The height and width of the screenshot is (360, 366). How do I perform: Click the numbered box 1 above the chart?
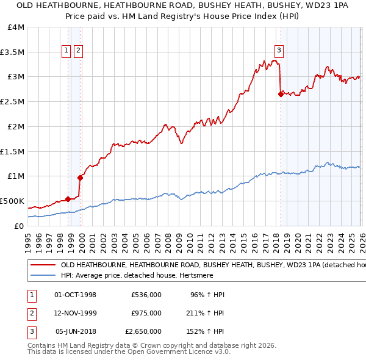point(66,51)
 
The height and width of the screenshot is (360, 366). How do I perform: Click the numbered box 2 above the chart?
point(79,51)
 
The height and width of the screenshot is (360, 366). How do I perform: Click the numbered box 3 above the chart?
point(279,51)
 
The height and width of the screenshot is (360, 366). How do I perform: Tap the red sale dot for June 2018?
point(281,94)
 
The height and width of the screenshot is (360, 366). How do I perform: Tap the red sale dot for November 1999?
point(80,178)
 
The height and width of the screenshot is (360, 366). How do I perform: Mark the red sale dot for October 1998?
point(68,199)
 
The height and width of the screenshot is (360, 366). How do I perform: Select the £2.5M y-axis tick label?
point(13,102)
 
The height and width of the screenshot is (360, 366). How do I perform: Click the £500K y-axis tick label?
point(12,201)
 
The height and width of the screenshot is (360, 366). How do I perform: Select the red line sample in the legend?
point(43,265)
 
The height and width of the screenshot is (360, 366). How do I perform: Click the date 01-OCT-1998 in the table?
point(76,295)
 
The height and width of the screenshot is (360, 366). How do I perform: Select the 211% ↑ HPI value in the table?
point(206,313)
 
